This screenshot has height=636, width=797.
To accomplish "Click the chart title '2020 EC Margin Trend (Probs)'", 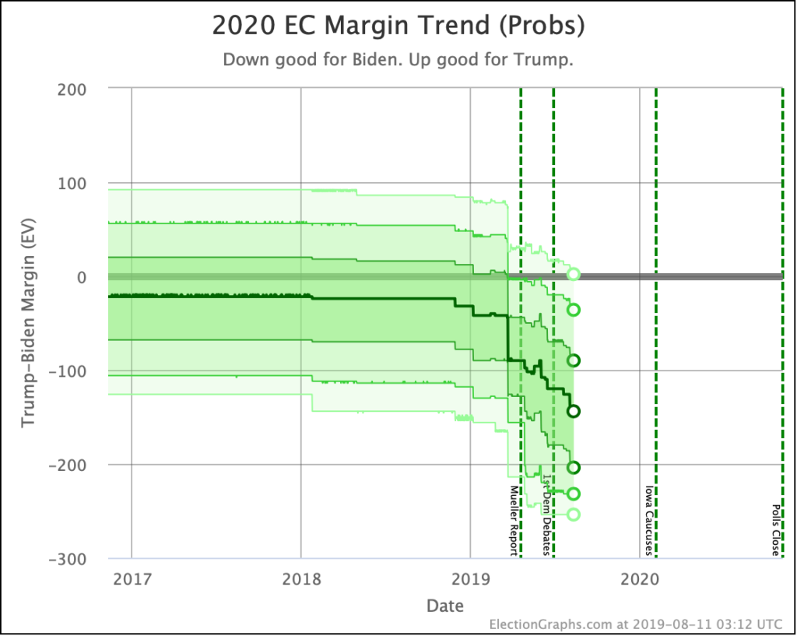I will pyautogui.click(x=398, y=26).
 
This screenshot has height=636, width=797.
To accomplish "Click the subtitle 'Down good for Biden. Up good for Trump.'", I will pyautogui.click(x=398, y=60).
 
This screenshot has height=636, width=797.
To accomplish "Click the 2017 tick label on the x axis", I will pyautogui.click(x=131, y=579).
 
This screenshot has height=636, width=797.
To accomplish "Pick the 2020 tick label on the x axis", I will pyautogui.click(x=639, y=579).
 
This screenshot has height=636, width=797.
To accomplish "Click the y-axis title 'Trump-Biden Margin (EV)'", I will pyautogui.click(x=29, y=323).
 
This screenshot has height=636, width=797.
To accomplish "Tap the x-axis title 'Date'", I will pyautogui.click(x=444, y=606).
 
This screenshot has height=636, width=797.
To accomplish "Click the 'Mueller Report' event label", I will pyautogui.click(x=514, y=521).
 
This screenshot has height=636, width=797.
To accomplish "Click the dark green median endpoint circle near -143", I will pyautogui.click(x=574, y=411).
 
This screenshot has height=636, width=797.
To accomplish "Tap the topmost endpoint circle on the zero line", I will pyautogui.click(x=574, y=274).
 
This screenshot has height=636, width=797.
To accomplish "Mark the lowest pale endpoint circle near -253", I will pyautogui.click(x=574, y=514).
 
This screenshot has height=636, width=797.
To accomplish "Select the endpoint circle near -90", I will pyautogui.click(x=574, y=360).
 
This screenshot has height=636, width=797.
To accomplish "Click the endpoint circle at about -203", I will pyautogui.click(x=574, y=467).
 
